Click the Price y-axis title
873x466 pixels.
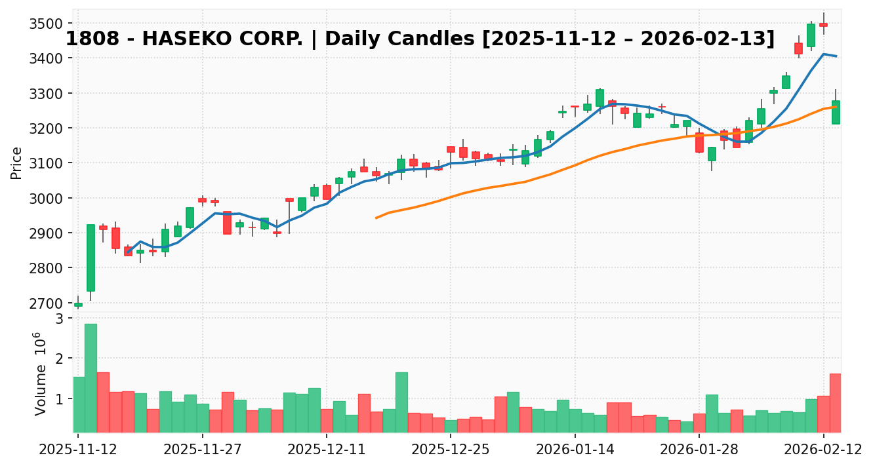pos(16,163)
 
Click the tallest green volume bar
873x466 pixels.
pos(91,378)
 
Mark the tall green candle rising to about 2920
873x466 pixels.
pos(91,258)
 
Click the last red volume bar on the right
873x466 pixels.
pos(836,403)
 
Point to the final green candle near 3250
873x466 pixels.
pos(836,112)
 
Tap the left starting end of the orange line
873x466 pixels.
pos(376,218)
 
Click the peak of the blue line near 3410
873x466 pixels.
pos(823,54)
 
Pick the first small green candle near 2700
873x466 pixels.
pos(78,305)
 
